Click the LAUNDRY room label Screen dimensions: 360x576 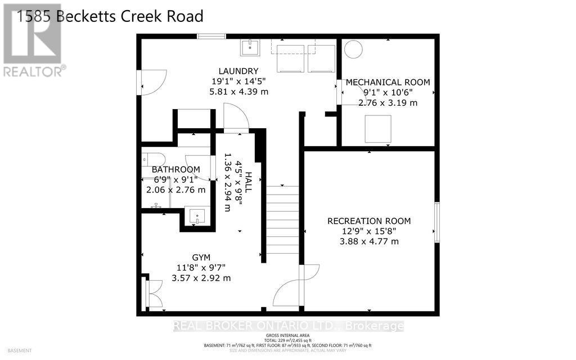(238, 71)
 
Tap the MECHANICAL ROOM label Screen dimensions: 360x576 (388, 82)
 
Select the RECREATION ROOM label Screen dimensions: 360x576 (369, 221)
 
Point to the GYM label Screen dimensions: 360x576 (188, 258)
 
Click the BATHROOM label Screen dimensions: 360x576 (175, 170)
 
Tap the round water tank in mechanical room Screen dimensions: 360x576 (353, 50)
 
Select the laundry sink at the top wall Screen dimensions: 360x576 (248, 48)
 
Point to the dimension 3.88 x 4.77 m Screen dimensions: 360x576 (369, 241)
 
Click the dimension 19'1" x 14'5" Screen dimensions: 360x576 (238, 81)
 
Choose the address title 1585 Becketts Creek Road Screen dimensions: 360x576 (110, 16)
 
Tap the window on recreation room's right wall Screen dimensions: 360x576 (436, 223)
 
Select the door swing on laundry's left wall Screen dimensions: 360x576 (153, 82)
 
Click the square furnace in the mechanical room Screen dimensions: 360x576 (377, 129)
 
